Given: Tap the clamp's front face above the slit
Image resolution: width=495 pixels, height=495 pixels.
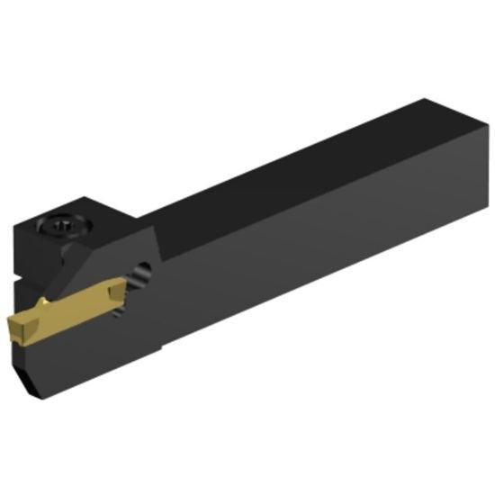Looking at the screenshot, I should pos(22,247).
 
